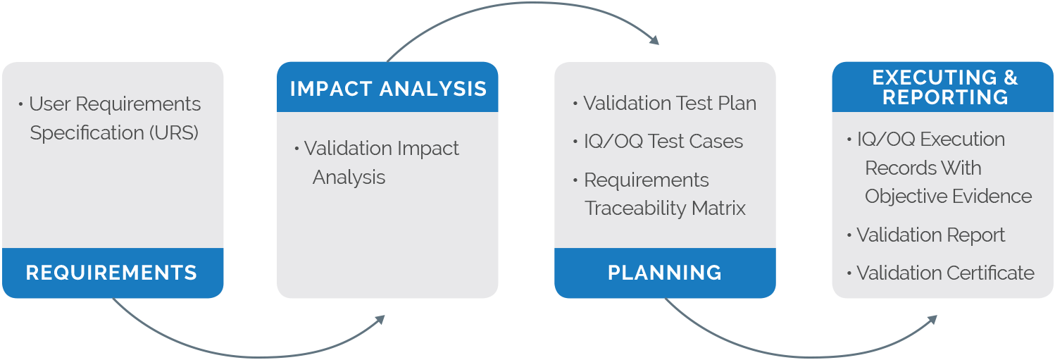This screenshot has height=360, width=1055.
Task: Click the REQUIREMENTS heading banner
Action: pyautogui.click(x=111, y=273)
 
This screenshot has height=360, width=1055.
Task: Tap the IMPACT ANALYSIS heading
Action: pyautogui.click(x=388, y=89)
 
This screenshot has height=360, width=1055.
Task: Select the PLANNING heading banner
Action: pyautogui.click(x=665, y=273)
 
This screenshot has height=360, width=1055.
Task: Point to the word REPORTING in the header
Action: pyautogui.click(x=945, y=97)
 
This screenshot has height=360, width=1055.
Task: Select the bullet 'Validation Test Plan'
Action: pyautogui.click(x=669, y=104)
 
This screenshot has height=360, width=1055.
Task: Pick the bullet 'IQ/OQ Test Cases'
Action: pyautogui.click(x=663, y=141)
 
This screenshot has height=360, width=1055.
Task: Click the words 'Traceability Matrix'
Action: pyautogui.click(x=665, y=209)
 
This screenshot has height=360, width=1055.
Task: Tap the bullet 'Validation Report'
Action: pyautogui.click(x=930, y=235)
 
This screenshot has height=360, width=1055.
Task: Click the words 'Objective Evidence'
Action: pyautogui.click(x=948, y=197)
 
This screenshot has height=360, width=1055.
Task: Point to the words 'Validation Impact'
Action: pyautogui.click(x=381, y=149)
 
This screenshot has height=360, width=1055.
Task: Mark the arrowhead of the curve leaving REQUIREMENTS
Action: pyautogui.click(x=380, y=320)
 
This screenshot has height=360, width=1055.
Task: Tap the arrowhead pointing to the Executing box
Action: pyautogui.click(x=932, y=320)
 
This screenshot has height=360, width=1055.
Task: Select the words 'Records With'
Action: pyautogui.click(x=923, y=168)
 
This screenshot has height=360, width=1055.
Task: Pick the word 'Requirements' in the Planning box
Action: pyautogui.click(x=646, y=180)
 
